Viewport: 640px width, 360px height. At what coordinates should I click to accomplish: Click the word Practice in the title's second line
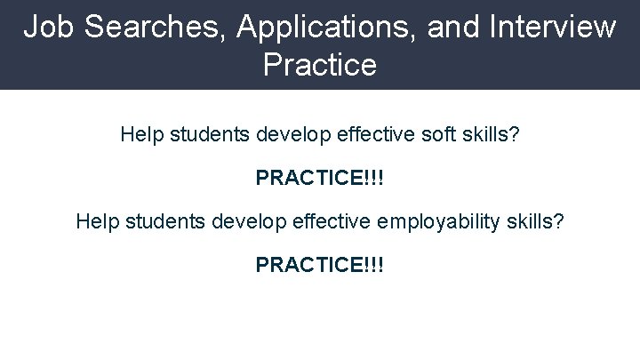tap(320, 66)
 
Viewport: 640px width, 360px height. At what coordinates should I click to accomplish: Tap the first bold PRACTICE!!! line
tap(320, 178)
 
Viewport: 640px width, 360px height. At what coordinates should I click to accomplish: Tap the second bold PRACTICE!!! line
tap(320, 264)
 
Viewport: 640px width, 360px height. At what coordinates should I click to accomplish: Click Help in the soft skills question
tap(139, 136)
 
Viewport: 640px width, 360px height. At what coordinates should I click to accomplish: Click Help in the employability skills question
tap(94, 220)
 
